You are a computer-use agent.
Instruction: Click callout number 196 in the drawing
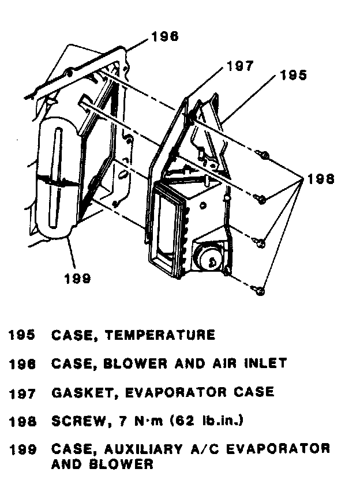pos(164,37)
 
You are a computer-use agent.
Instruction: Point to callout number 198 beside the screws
pos(321,179)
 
